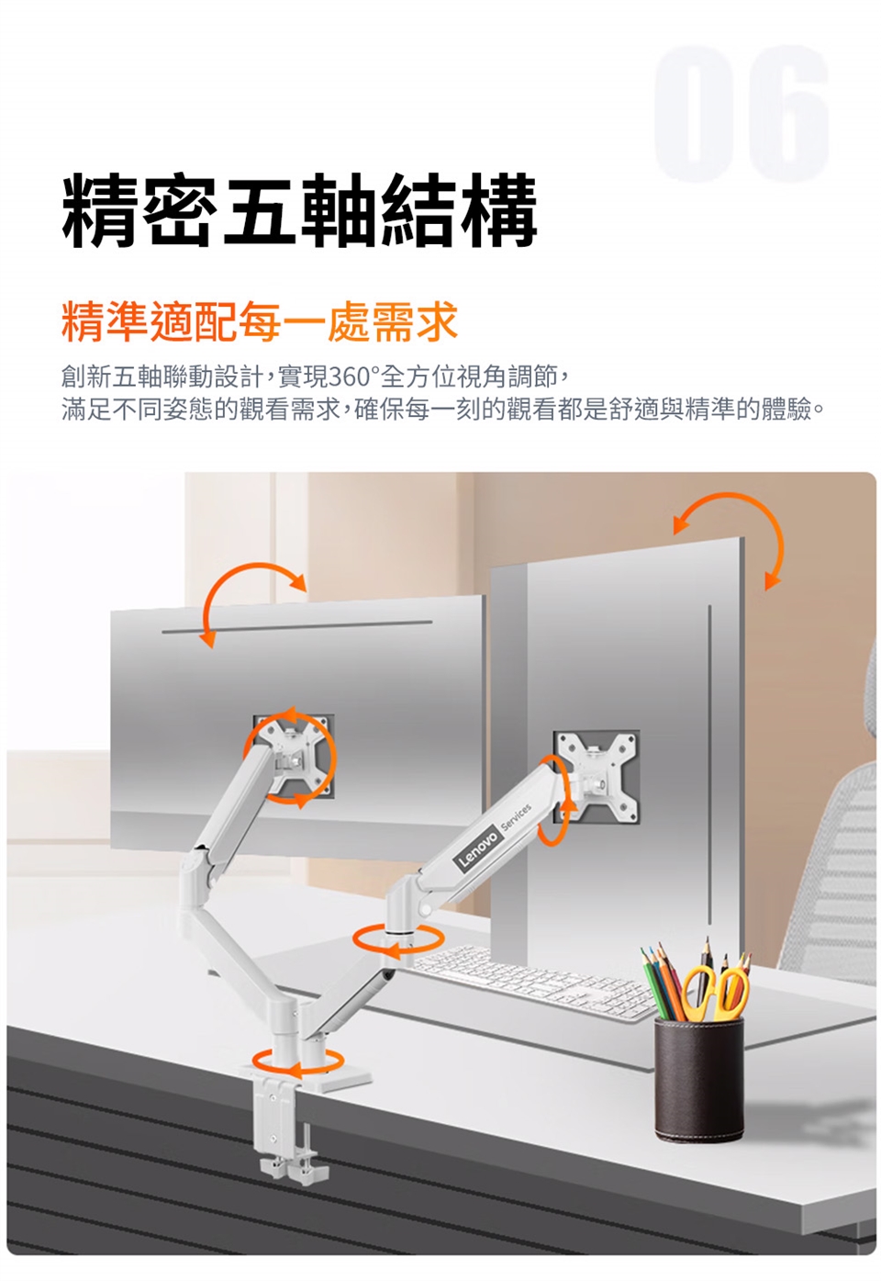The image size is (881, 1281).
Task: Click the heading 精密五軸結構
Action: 298,211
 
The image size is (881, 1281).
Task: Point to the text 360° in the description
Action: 352,376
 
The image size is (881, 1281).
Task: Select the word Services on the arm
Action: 516,816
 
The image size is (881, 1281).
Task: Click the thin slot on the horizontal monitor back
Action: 296,627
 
